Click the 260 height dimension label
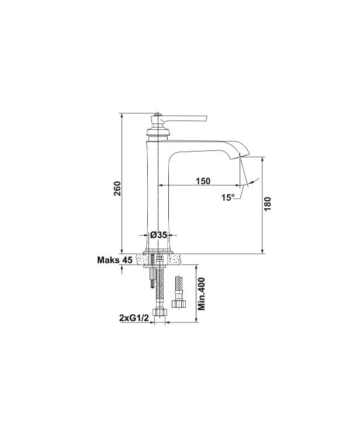point(117,188)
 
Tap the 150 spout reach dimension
point(203,181)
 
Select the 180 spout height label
point(268,204)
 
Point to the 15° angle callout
point(228,197)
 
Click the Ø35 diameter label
point(158,235)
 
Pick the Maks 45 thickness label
point(115,260)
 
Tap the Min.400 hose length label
point(202,294)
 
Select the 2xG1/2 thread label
point(134,318)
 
